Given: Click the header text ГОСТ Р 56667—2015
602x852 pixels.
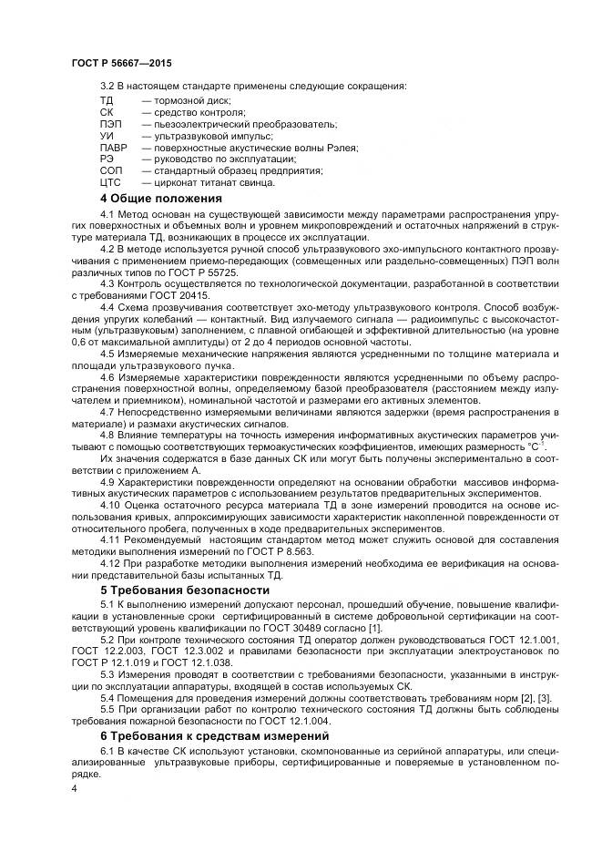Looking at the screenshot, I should tap(120, 62).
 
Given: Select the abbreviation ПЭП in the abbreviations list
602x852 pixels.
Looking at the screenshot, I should tap(109, 123).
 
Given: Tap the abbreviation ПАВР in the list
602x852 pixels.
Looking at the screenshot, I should tap(113, 147).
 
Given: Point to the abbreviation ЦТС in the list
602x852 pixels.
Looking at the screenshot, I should tap(109, 182).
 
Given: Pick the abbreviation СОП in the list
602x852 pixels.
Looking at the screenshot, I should tap(110, 170).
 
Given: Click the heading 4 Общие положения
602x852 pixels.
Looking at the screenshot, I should tap(160, 198).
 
